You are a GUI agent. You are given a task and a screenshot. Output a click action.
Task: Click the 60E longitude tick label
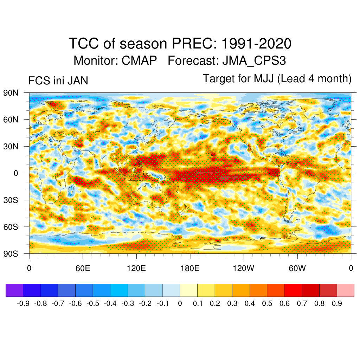click(x=83, y=269)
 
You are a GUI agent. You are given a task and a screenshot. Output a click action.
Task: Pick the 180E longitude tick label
click(x=190, y=269)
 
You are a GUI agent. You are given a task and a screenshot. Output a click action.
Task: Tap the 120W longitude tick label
click(x=243, y=269)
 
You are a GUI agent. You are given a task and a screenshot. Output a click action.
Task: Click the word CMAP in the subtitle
click(x=139, y=60)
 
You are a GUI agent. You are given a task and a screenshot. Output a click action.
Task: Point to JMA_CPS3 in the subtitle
click(x=254, y=60)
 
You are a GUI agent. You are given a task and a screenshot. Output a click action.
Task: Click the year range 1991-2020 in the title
click(x=257, y=44)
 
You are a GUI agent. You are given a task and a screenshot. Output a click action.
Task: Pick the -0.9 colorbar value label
click(x=23, y=303)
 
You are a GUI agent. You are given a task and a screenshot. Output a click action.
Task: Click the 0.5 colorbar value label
click(x=267, y=303)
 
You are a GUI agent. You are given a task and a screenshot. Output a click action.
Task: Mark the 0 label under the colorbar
click(x=180, y=303)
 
